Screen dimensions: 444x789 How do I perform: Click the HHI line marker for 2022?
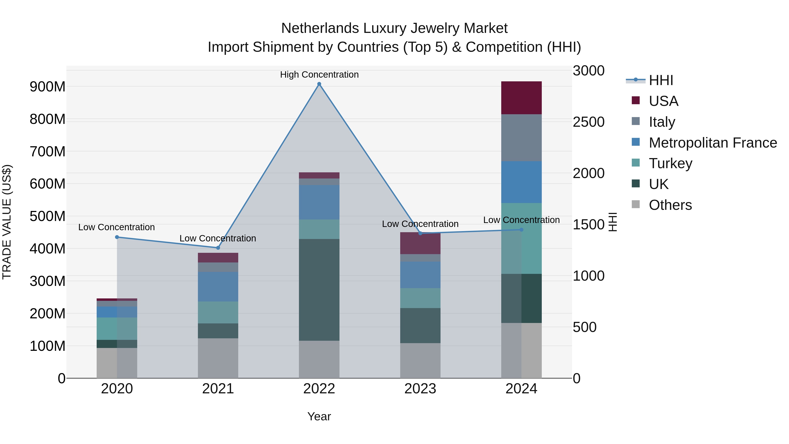[x=319, y=84]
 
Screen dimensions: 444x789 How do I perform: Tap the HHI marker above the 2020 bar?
[x=117, y=237]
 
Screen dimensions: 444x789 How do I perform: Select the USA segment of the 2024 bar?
[x=521, y=98]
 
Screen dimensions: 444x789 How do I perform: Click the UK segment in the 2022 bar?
[x=319, y=290]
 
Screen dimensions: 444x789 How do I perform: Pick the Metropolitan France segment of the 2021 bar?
[x=218, y=287]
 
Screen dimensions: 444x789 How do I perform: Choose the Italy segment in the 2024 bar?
[x=521, y=137]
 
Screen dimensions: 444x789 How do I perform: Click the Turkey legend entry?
[x=670, y=163]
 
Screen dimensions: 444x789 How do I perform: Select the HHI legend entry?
[x=661, y=80]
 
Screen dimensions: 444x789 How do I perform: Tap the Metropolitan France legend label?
[x=713, y=143]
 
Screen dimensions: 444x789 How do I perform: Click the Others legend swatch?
[x=636, y=204]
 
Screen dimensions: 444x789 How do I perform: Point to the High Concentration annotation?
[x=319, y=75]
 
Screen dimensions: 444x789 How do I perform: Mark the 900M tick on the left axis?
[x=48, y=87]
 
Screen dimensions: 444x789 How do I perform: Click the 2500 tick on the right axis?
[x=588, y=122]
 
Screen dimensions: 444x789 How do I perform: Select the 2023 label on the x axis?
[x=420, y=389]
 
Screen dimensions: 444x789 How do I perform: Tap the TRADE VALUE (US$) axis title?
[x=7, y=222]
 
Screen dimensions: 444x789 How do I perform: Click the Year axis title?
[x=319, y=416]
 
